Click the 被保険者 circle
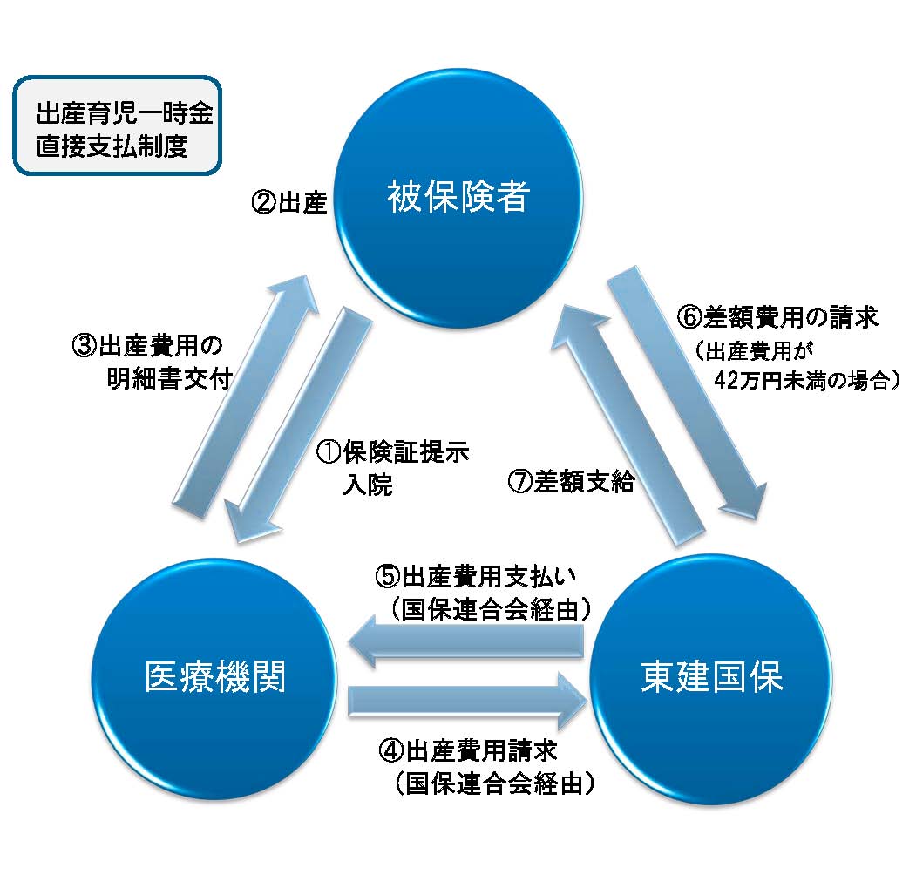click(458, 200)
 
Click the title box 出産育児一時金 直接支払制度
click(117, 126)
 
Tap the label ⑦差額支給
click(572, 482)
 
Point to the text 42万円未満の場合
click(805, 381)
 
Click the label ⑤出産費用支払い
click(483, 578)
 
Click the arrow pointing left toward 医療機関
click(466, 644)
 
